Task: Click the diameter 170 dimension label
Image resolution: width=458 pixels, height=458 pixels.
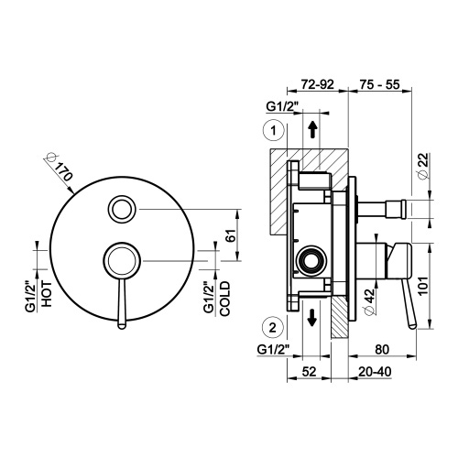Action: pyautogui.click(x=57, y=169)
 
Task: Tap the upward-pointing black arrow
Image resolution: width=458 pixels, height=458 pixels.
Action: pyautogui.click(x=313, y=128)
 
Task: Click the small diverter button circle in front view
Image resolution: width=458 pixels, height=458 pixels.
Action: pyautogui.click(x=121, y=209)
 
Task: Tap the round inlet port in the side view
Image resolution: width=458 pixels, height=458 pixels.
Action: pyautogui.click(x=311, y=261)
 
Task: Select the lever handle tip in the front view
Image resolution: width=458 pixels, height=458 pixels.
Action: pyautogui.click(x=119, y=321)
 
